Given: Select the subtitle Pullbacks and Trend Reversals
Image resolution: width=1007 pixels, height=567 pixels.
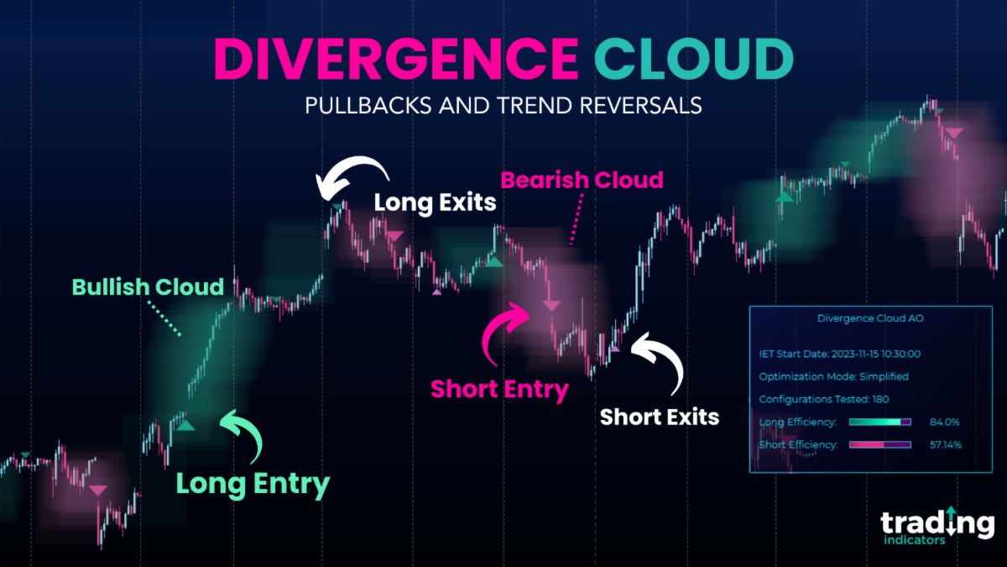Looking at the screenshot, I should click(x=503, y=107).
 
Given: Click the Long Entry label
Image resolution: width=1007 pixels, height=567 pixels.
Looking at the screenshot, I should click(x=253, y=484).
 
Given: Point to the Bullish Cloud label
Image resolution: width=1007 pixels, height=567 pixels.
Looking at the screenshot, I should click(x=149, y=287).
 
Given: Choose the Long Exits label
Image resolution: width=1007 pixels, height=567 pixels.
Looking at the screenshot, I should click(x=435, y=202).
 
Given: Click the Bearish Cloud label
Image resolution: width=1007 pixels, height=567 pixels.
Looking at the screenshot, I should click(x=582, y=180).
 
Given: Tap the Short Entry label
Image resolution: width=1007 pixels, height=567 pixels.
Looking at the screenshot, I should click(x=499, y=390).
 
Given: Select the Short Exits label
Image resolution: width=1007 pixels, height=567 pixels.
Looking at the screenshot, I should click(x=660, y=417).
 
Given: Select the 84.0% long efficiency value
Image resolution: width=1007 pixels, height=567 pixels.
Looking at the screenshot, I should click(x=944, y=422).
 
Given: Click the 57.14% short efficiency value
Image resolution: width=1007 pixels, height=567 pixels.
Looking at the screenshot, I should click(x=944, y=444).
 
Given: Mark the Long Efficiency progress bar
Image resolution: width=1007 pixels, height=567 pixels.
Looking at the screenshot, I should click(x=879, y=422).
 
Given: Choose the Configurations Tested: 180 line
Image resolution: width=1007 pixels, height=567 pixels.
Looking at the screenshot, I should click(x=823, y=399).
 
